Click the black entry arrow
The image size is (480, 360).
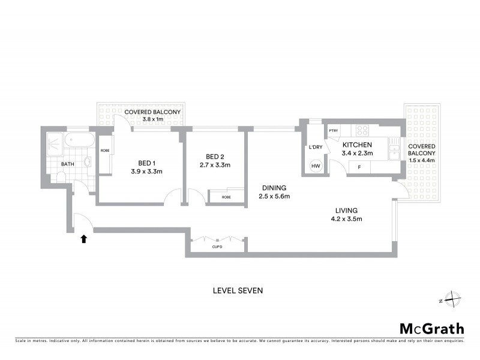coord(84,239)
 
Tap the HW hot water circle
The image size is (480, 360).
coord(315,167)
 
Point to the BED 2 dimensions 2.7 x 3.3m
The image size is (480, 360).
coord(215,165)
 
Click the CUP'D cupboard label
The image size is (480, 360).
coord(217,246)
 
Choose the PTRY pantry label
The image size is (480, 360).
coord(334,131)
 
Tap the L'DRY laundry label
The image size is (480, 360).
coord(315,147)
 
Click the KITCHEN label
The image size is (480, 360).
coord(357,145)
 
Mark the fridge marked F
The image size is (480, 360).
coord(359,167)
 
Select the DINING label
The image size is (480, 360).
coord(272,187)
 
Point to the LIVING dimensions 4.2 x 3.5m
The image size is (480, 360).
coord(346,219)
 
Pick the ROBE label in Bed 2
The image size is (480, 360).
coord(226,197)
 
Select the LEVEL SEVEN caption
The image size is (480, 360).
coord(238,290)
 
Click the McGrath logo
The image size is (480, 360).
coord(431,328)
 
